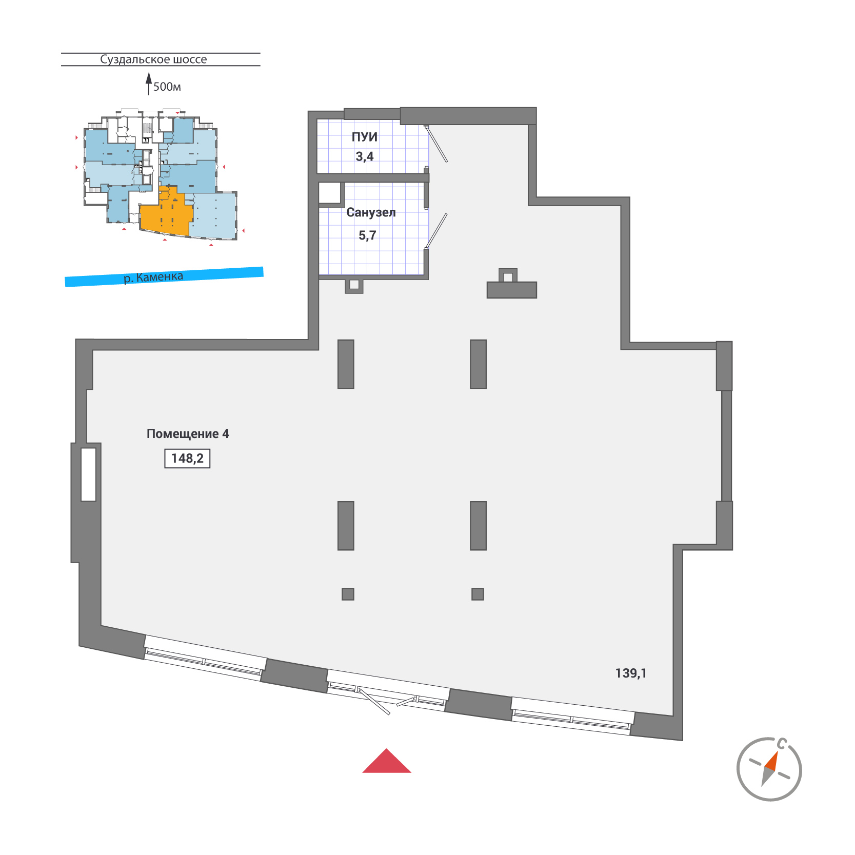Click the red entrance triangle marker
[x=387, y=762]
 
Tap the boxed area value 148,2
[x=187, y=459]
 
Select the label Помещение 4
[x=188, y=434]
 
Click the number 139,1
[x=631, y=673]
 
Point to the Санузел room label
[x=371, y=212]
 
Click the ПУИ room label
[x=365, y=137]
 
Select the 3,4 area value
[x=365, y=156]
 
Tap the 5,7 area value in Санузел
[x=367, y=235]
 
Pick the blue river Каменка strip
[x=164, y=277]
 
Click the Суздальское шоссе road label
[x=153, y=59]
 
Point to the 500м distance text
[x=167, y=87]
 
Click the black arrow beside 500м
[x=149, y=84]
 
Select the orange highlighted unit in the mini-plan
[x=166, y=213]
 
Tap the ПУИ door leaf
[x=437, y=144]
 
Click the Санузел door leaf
[x=436, y=231]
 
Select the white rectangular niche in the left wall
[x=89, y=474]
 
